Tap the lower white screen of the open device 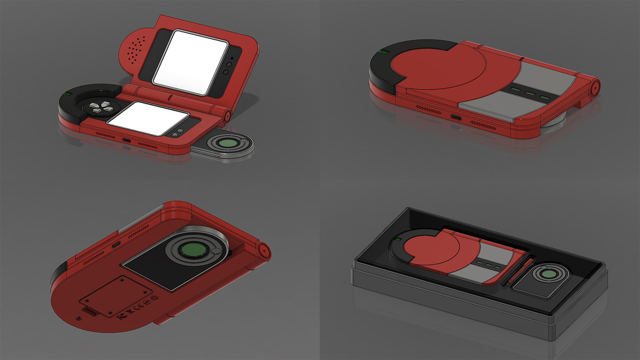point(149,118)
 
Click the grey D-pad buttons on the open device point(101,107)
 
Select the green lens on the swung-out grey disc point(227,143)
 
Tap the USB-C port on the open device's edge point(125,139)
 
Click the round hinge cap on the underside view point(263,249)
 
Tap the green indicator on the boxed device point(398,239)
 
